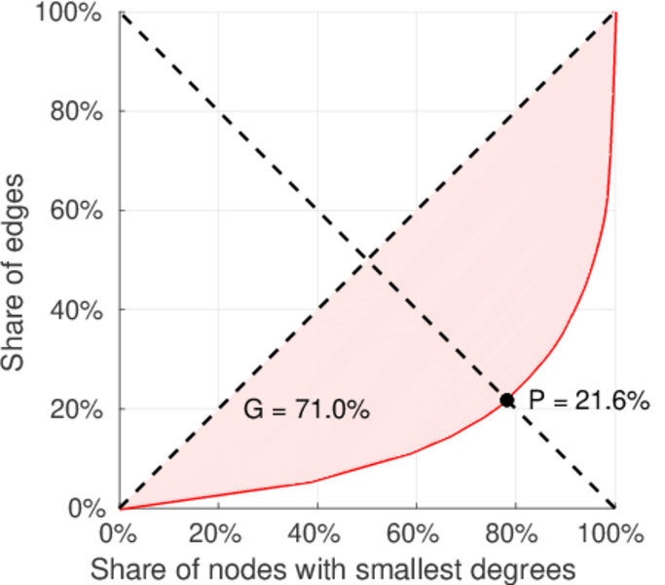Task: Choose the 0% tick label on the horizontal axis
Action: pyautogui.click(x=120, y=533)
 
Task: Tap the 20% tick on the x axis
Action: pyautogui.click(x=218, y=533)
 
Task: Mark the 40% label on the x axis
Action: pyautogui.click(x=317, y=533)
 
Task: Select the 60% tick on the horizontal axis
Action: pyautogui.click(x=417, y=533)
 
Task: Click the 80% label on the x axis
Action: pyautogui.click(x=515, y=533)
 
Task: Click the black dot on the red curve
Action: pyautogui.click(x=507, y=400)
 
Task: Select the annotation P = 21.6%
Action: pyautogui.click(x=588, y=401)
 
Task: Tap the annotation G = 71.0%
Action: pyautogui.click(x=306, y=410)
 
